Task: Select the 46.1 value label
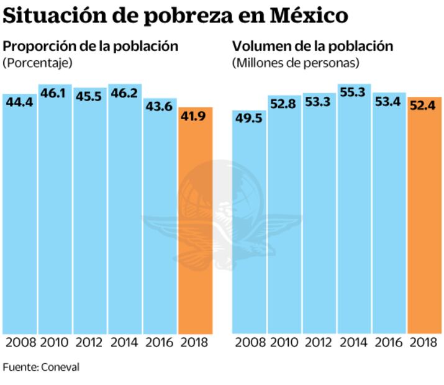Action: (x=54, y=93)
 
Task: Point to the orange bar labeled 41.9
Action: (x=195, y=224)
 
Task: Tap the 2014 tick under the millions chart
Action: (x=354, y=342)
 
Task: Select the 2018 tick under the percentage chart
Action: (x=195, y=342)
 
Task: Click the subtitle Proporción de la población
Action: (x=91, y=46)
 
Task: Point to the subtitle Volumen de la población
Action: (x=312, y=46)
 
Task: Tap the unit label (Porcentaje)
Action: (x=37, y=63)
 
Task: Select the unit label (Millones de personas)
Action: (x=296, y=63)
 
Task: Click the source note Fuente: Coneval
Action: (x=41, y=367)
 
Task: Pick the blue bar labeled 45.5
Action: (x=89, y=217)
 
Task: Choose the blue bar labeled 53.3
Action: (x=319, y=217)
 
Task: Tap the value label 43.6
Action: (x=160, y=107)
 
